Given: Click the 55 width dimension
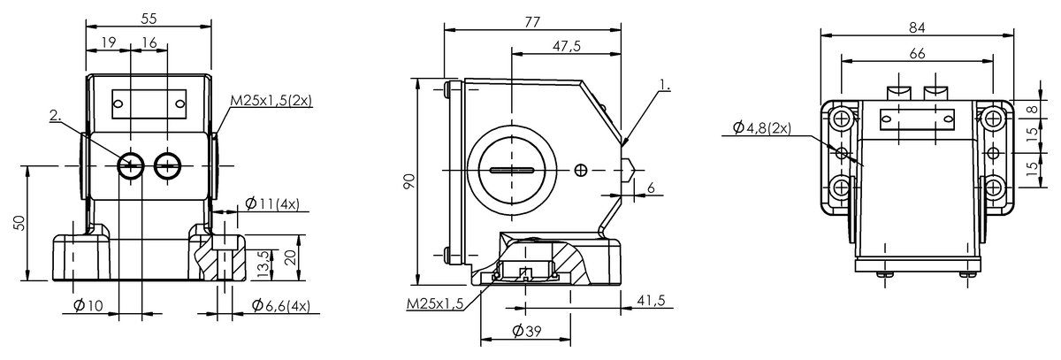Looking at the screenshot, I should [149, 18].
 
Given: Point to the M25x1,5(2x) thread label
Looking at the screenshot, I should [271, 101].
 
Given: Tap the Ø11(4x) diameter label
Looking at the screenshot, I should [271, 204].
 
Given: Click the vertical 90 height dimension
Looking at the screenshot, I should [408, 181].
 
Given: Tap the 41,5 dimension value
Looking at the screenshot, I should [651, 302].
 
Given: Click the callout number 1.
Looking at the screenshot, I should [665, 88].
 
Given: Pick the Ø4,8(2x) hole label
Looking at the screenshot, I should [762, 128].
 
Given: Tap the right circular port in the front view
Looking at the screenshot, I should [166, 165].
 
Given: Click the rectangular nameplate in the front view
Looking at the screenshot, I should [149, 103].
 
